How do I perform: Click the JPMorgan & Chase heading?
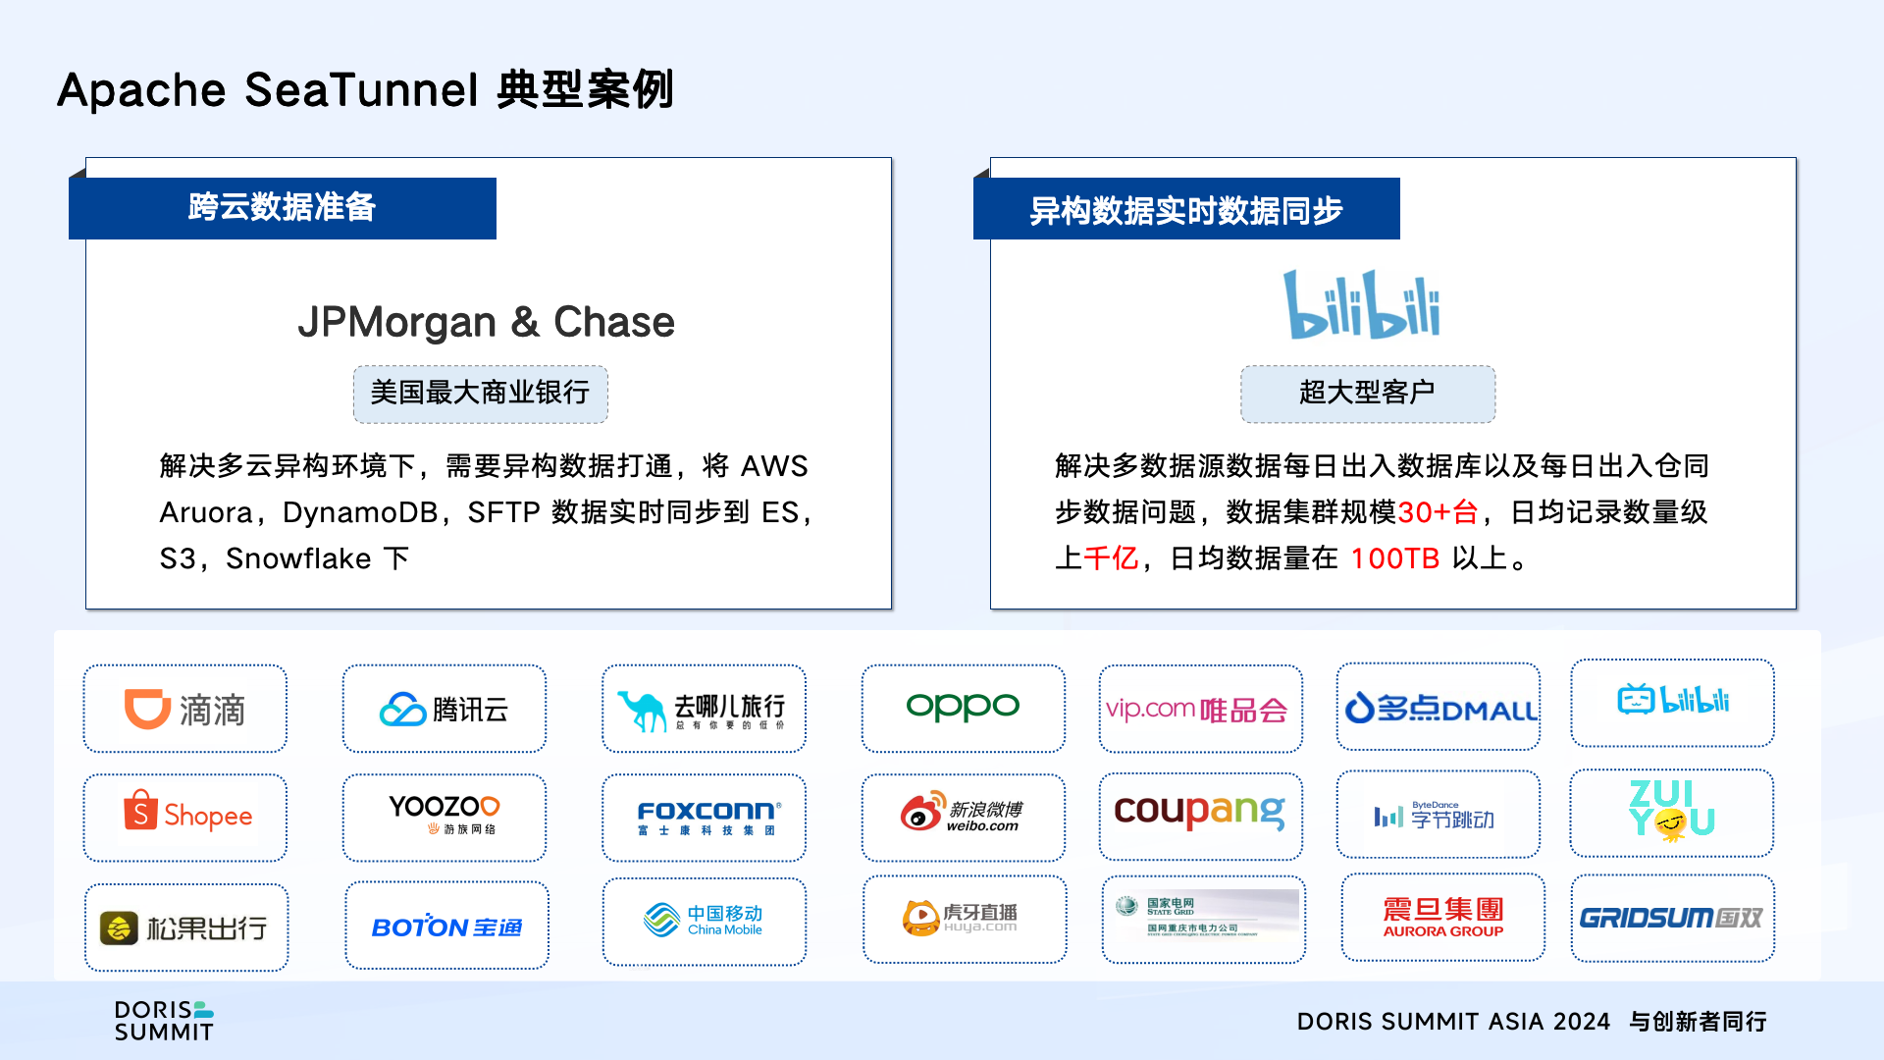click(486, 322)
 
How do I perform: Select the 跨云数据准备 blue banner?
click(283, 208)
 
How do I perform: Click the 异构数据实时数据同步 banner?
click(1185, 210)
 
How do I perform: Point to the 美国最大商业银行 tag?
click(480, 394)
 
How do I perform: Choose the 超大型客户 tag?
click(1367, 394)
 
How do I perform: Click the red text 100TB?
click(1394, 558)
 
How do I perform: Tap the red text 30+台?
click(1438, 512)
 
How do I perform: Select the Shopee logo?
click(186, 815)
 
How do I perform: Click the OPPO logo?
click(963, 707)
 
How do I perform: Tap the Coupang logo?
click(1199, 812)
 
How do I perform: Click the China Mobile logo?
click(705, 920)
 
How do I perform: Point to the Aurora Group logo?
click(1442, 917)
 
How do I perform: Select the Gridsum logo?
click(1671, 918)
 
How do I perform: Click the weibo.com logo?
click(962, 815)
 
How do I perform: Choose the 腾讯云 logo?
click(445, 709)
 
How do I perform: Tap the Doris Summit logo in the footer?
click(164, 1021)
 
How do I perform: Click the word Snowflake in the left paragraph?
click(298, 558)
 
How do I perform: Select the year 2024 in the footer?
click(1581, 1022)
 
